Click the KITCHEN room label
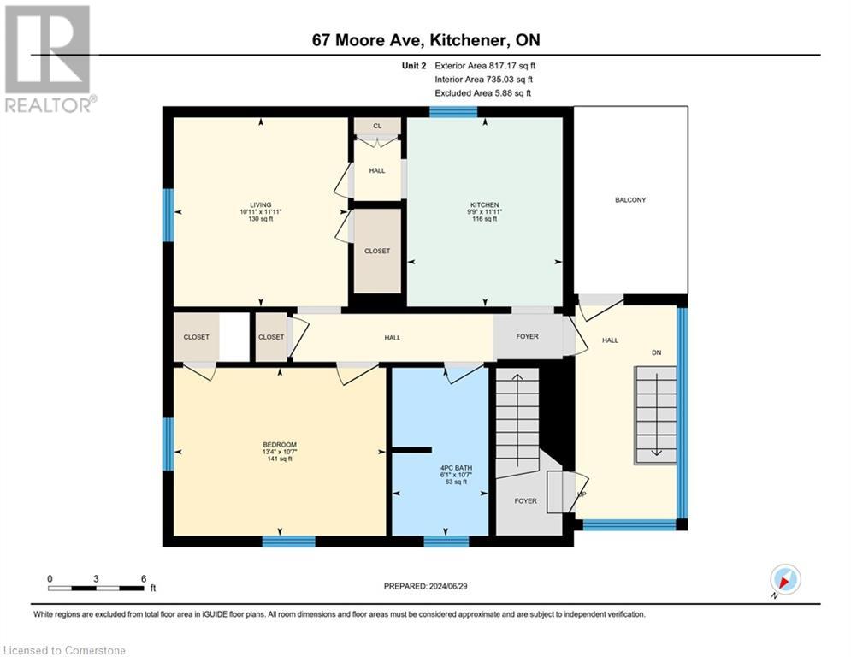coord(484,205)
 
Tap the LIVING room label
coord(261,205)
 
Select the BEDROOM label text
coord(280,445)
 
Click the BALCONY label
coord(630,200)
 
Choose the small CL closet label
coord(377,126)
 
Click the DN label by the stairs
coord(657,352)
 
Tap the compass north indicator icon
coord(784,580)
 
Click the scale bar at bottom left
coord(96,587)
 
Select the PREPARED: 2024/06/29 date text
coord(425,586)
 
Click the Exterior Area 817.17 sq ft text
coord(486,65)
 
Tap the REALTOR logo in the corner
coord(48,58)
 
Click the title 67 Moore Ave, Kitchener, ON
coord(425,40)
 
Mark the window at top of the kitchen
coord(452,111)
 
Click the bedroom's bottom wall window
coord(288,541)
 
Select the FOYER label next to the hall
coord(528,337)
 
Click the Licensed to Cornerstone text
coord(65,651)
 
